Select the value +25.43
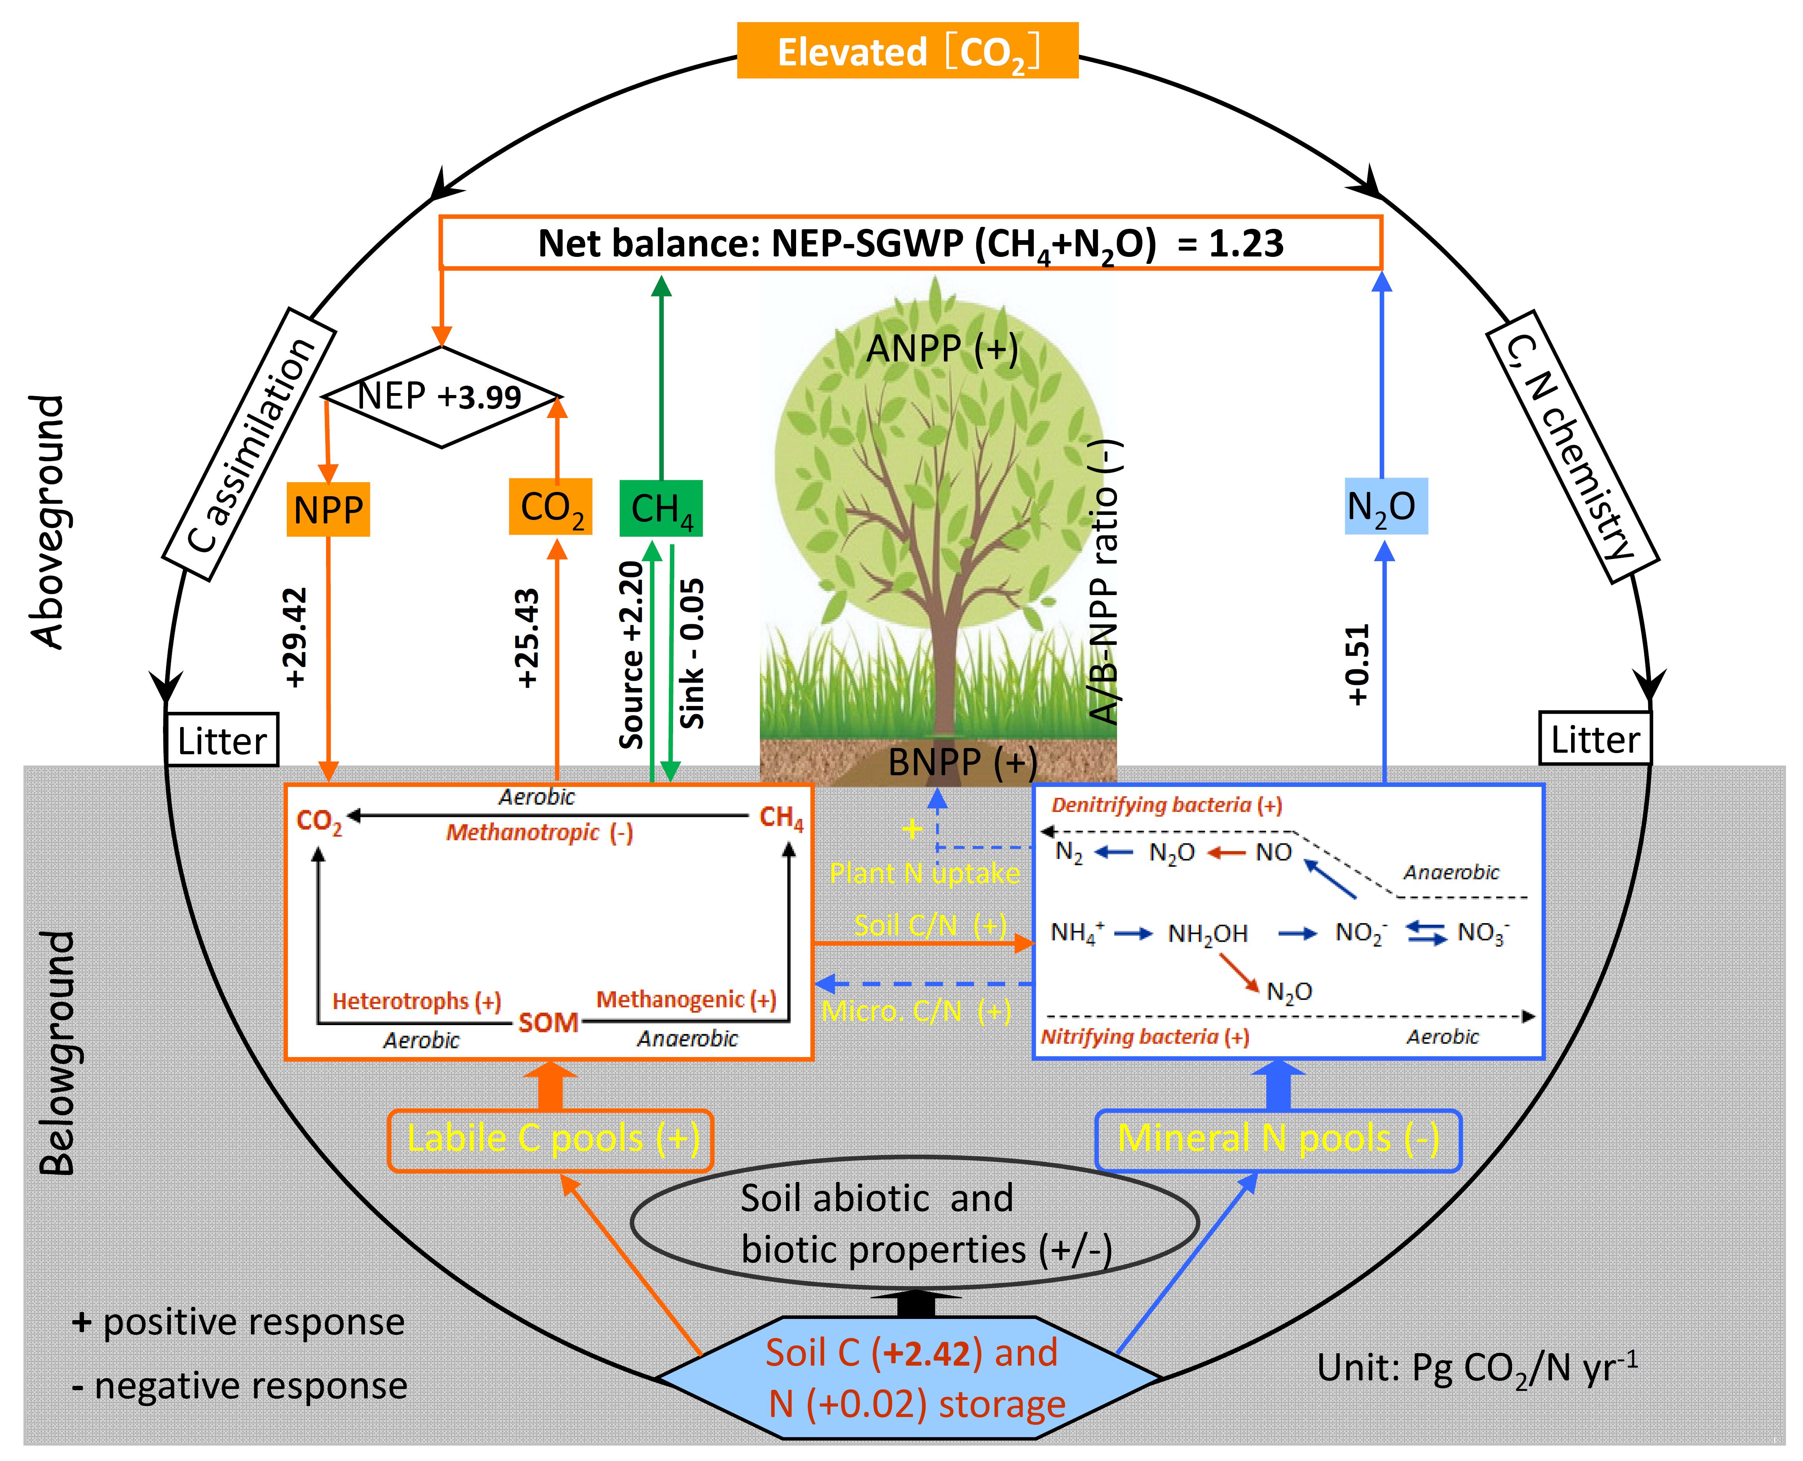tap(528, 638)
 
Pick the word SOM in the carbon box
tap(548, 1022)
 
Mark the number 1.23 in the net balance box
tap(1246, 243)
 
